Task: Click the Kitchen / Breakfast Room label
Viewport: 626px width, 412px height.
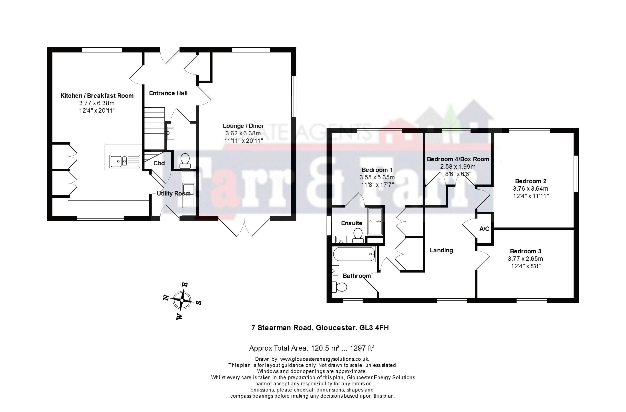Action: [x=97, y=95]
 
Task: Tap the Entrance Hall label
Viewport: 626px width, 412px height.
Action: [x=168, y=93]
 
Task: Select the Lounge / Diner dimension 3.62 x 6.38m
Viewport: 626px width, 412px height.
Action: [x=243, y=133]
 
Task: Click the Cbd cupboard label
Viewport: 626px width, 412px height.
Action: [x=159, y=163]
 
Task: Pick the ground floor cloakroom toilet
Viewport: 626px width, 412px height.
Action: [x=185, y=161]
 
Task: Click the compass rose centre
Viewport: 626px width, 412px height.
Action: [x=182, y=300]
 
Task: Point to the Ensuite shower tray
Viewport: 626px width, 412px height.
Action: [x=375, y=221]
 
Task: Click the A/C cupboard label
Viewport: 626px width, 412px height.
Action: [x=484, y=229]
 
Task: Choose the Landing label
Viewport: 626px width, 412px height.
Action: [x=441, y=250]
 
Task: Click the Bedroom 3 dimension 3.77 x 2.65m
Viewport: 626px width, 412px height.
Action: [x=526, y=259]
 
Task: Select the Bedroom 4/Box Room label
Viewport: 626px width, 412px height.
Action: [x=458, y=159]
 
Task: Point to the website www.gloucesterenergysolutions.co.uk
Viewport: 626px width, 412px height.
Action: [x=325, y=359]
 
